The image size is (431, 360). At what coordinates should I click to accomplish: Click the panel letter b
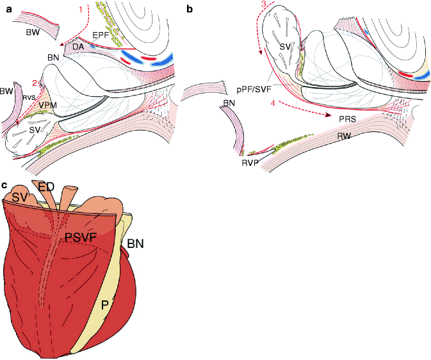point(188,9)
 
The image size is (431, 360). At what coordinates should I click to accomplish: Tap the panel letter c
point(5,185)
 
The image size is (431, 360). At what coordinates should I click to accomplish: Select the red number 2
point(35,82)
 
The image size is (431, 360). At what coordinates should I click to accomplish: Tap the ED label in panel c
point(64,187)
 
